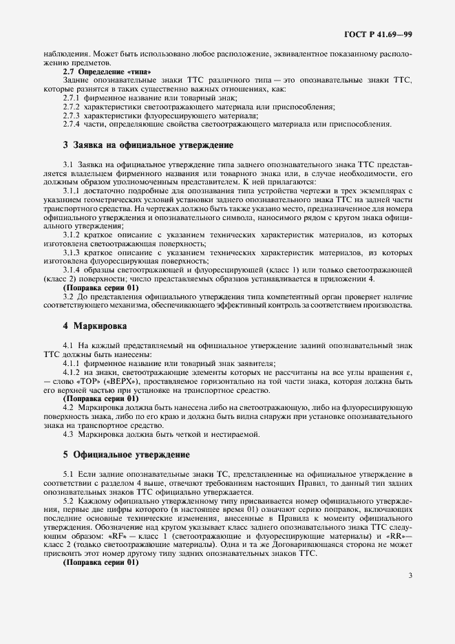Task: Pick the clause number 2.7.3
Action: pos(72,116)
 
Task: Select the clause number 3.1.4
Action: pos(72,269)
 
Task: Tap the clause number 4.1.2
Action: pos(72,372)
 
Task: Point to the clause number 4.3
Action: pos(69,435)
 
